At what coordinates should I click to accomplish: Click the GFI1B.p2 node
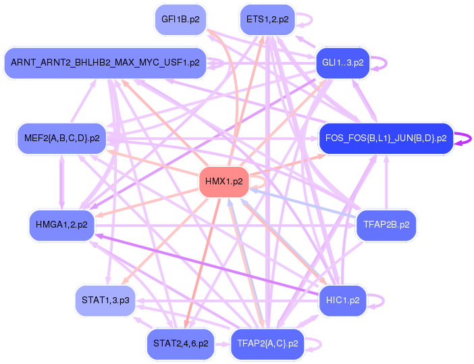pyautogui.click(x=180, y=20)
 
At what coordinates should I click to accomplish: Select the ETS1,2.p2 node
pyautogui.click(x=267, y=20)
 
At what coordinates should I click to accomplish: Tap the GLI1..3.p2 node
pyautogui.click(x=343, y=63)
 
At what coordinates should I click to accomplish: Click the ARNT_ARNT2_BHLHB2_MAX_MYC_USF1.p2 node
pyautogui.click(x=105, y=63)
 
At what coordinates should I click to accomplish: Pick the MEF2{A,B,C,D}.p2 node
pyautogui.click(x=61, y=138)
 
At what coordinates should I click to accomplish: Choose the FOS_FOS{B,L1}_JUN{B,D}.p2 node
pyautogui.click(x=386, y=138)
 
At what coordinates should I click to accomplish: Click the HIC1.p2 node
pyautogui.click(x=342, y=300)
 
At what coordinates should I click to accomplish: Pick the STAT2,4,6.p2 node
pyautogui.click(x=180, y=343)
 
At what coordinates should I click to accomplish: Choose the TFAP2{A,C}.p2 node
pyautogui.click(x=267, y=343)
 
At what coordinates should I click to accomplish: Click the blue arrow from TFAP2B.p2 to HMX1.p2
pyautogui.click(x=304, y=203)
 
